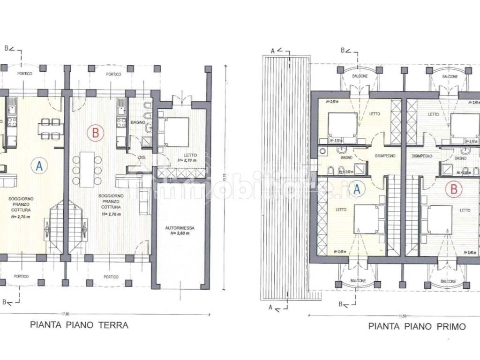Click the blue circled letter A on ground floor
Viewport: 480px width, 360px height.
pyautogui.click(x=39, y=165)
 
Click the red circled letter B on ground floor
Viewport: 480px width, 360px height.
pyautogui.click(x=95, y=133)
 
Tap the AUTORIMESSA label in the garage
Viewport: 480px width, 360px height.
pyautogui.click(x=180, y=228)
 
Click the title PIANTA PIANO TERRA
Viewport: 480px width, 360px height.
pyautogui.click(x=79, y=324)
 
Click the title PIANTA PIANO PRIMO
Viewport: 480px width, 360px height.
pyautogui.click(x=417, y=326)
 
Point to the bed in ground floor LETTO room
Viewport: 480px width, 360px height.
pyautogui.click(x=174, y=132)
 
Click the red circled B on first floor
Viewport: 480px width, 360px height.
pyautogui.click(x=453, y=189)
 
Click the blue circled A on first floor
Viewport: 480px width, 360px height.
pyautogui.click(x=357, y=189)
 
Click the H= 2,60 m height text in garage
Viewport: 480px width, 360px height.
pyautogui.click(x=180, y=233)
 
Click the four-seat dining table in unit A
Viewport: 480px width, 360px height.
pyautogui.click(x=50, y=129)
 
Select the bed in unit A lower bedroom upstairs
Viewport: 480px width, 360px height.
pyautogui.click(x=367, y=218)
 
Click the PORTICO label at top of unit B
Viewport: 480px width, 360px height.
pyautogui.click(x=113, y=74)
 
